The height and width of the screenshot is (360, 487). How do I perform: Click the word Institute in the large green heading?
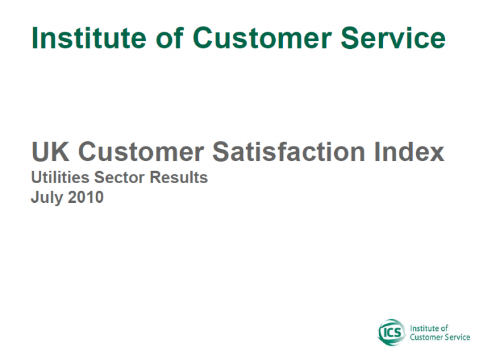[89, 38]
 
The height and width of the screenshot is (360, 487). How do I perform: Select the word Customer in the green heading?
[263, 38]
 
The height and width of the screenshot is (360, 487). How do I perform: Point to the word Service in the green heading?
[393, 38]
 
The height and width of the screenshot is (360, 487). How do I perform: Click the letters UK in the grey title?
[50, 151]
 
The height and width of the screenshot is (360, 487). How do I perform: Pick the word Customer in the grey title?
[141, 151]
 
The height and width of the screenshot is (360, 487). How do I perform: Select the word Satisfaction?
[289, 151]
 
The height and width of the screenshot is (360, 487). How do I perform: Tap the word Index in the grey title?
[409, 151]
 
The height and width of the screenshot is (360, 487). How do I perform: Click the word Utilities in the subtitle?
[60, 177]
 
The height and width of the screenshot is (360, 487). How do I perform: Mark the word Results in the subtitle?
[179, 177]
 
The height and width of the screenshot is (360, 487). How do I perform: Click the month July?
[47, 198]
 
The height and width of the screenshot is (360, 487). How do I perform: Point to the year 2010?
[86, 197]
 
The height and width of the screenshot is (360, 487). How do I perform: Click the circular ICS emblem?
[392, 332]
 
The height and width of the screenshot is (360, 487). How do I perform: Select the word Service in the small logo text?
[457, 337]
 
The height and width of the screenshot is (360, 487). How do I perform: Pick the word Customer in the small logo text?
[427, 337]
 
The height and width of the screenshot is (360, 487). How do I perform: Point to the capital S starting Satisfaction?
[221, 151]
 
